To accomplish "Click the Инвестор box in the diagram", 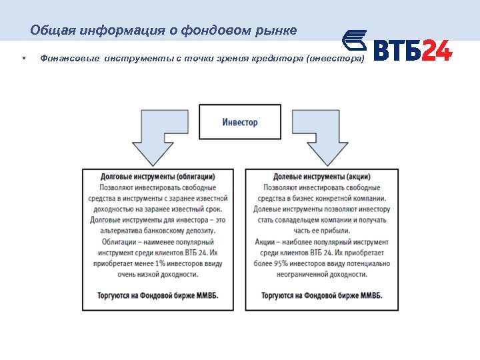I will click(239, 122).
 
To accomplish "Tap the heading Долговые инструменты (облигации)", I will click(157, 177).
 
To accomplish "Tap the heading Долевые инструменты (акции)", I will click(322, 177).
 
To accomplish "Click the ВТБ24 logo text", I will click(412, 51).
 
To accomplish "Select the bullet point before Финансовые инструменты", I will click(23, 59).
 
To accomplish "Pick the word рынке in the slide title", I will click(275, 31).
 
